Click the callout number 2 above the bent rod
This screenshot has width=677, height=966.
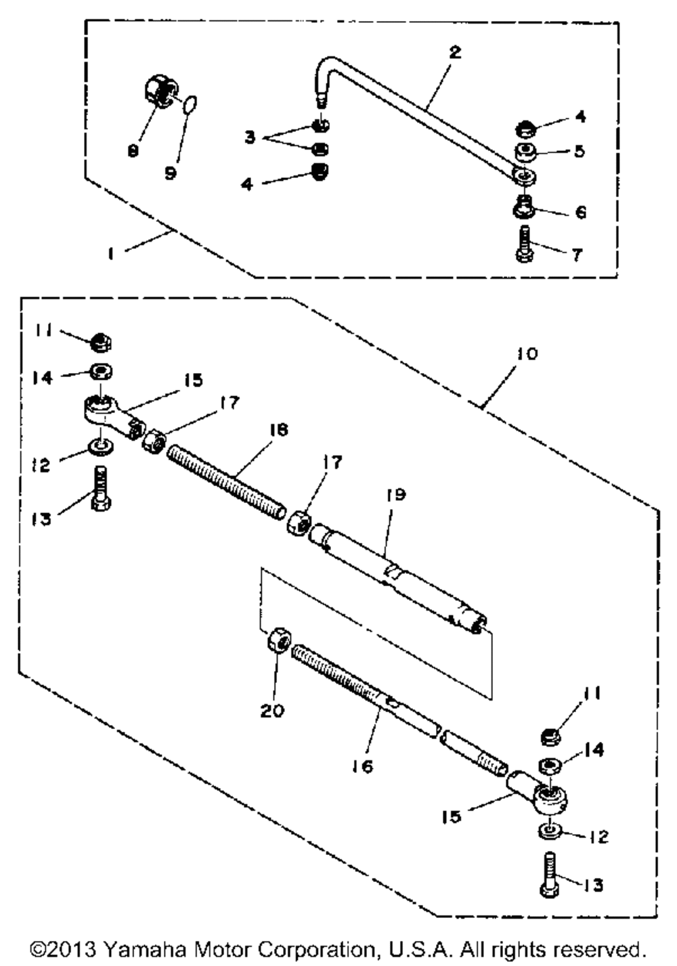pos(455,52)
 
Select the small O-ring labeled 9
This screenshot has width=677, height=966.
pos(190,105)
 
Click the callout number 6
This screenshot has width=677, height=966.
pos(580,212)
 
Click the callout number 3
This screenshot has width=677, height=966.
pos(250,138)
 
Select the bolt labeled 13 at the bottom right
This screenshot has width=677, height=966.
pos(549,877)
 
